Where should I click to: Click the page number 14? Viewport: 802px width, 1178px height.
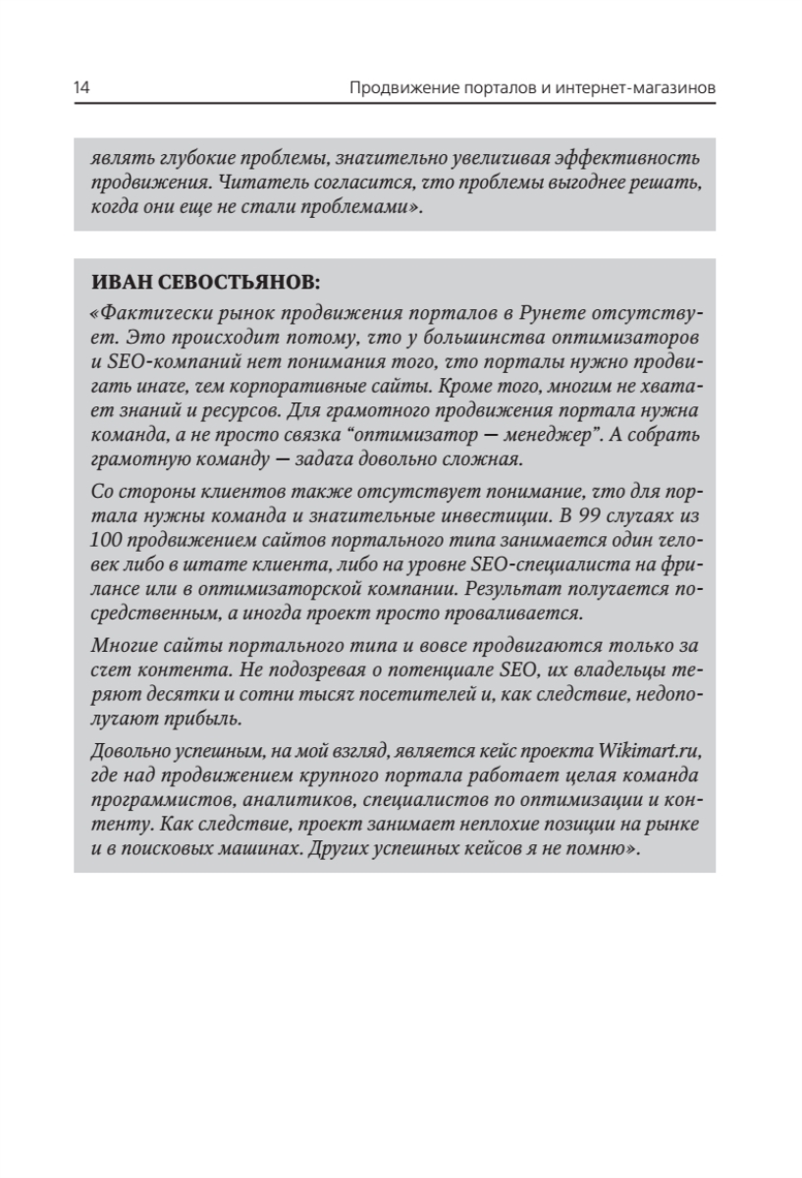click(x=82, y=89)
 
